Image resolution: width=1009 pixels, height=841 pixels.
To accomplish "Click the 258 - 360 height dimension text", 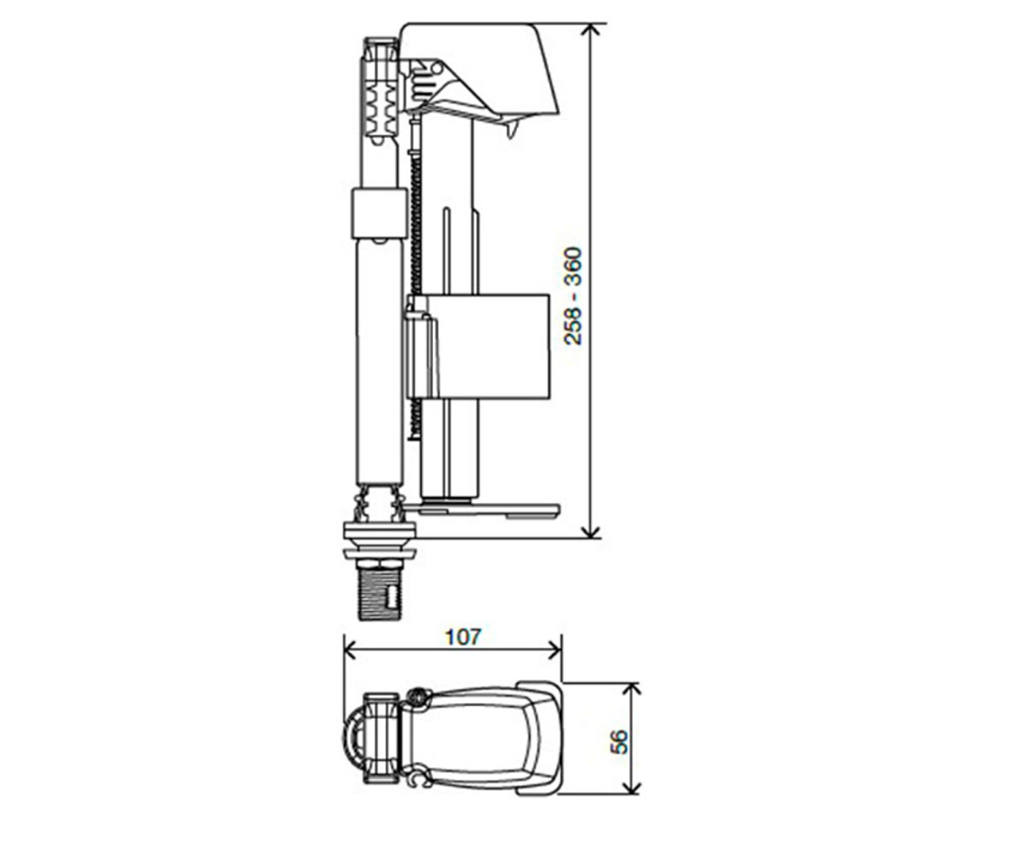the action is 573,296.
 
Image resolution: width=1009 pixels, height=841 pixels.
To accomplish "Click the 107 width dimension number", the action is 463,637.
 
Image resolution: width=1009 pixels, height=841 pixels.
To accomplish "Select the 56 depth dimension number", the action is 619,742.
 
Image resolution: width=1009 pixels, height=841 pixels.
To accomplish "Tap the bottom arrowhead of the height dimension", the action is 590,531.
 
